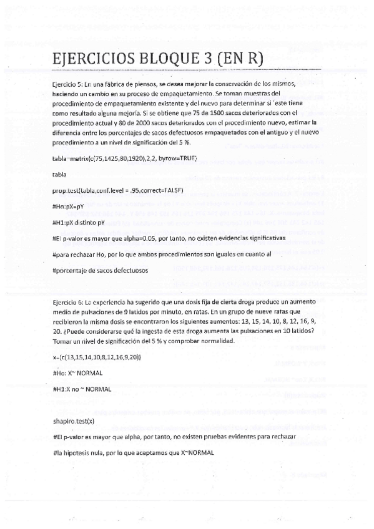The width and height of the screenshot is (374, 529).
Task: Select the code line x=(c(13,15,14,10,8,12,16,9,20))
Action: (97, 356)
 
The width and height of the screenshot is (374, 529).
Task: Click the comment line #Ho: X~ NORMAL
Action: (78, 372)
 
